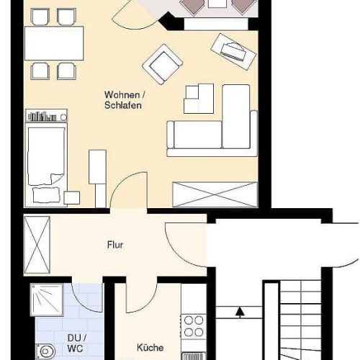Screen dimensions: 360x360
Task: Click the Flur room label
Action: [115, 245]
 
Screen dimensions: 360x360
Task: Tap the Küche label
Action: [150, 348]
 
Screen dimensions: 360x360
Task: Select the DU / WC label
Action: [76, 343]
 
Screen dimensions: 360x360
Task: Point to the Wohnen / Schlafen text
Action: [125, 100]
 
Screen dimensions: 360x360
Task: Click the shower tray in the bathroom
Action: [47, 300]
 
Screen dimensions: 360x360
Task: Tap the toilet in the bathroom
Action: [45, 352]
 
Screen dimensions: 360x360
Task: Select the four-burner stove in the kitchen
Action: [194, 326]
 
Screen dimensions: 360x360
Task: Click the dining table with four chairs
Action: [54, 43]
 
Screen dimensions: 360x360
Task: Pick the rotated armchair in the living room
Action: [163, 64]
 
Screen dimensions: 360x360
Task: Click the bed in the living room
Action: [46, 165]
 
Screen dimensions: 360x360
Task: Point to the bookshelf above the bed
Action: [46, 115]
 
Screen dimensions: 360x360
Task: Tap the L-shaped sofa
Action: [212, 120]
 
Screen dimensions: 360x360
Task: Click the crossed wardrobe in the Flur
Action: [37, 245]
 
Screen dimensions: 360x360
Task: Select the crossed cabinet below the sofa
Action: [215, 194]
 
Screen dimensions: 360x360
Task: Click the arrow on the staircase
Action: [240, 312]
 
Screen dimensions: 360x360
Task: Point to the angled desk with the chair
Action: [233, 51]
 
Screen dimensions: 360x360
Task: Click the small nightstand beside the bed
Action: [72, 198]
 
